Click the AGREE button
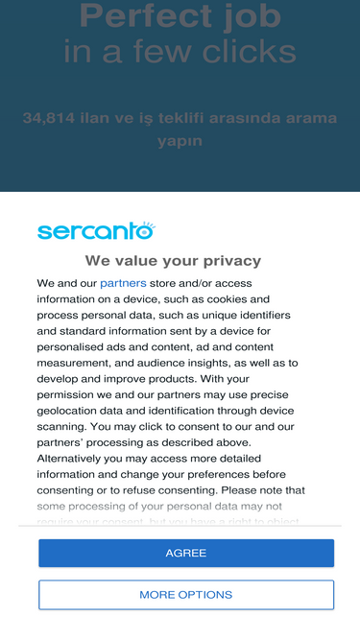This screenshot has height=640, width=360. point(186,554)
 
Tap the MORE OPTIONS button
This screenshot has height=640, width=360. point(186,595)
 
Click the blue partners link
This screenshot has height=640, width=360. point(123,283)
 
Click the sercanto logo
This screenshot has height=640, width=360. point(95,230)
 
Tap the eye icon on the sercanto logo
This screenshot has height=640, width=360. point(145,228)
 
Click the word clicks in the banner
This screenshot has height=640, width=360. point(248,52)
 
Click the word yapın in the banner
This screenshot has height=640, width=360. point(180,141)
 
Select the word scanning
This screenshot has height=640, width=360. point(62,426)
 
